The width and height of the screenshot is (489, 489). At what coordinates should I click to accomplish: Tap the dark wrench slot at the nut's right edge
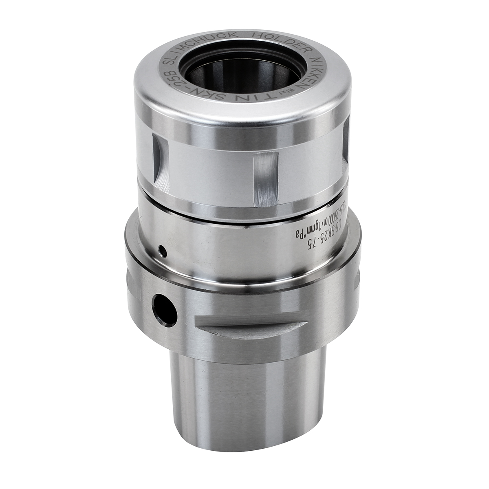(346, 143)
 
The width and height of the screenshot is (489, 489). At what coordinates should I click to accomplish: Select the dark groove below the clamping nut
(244, 214)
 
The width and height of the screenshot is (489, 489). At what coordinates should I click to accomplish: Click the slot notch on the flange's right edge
(357, 281)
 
